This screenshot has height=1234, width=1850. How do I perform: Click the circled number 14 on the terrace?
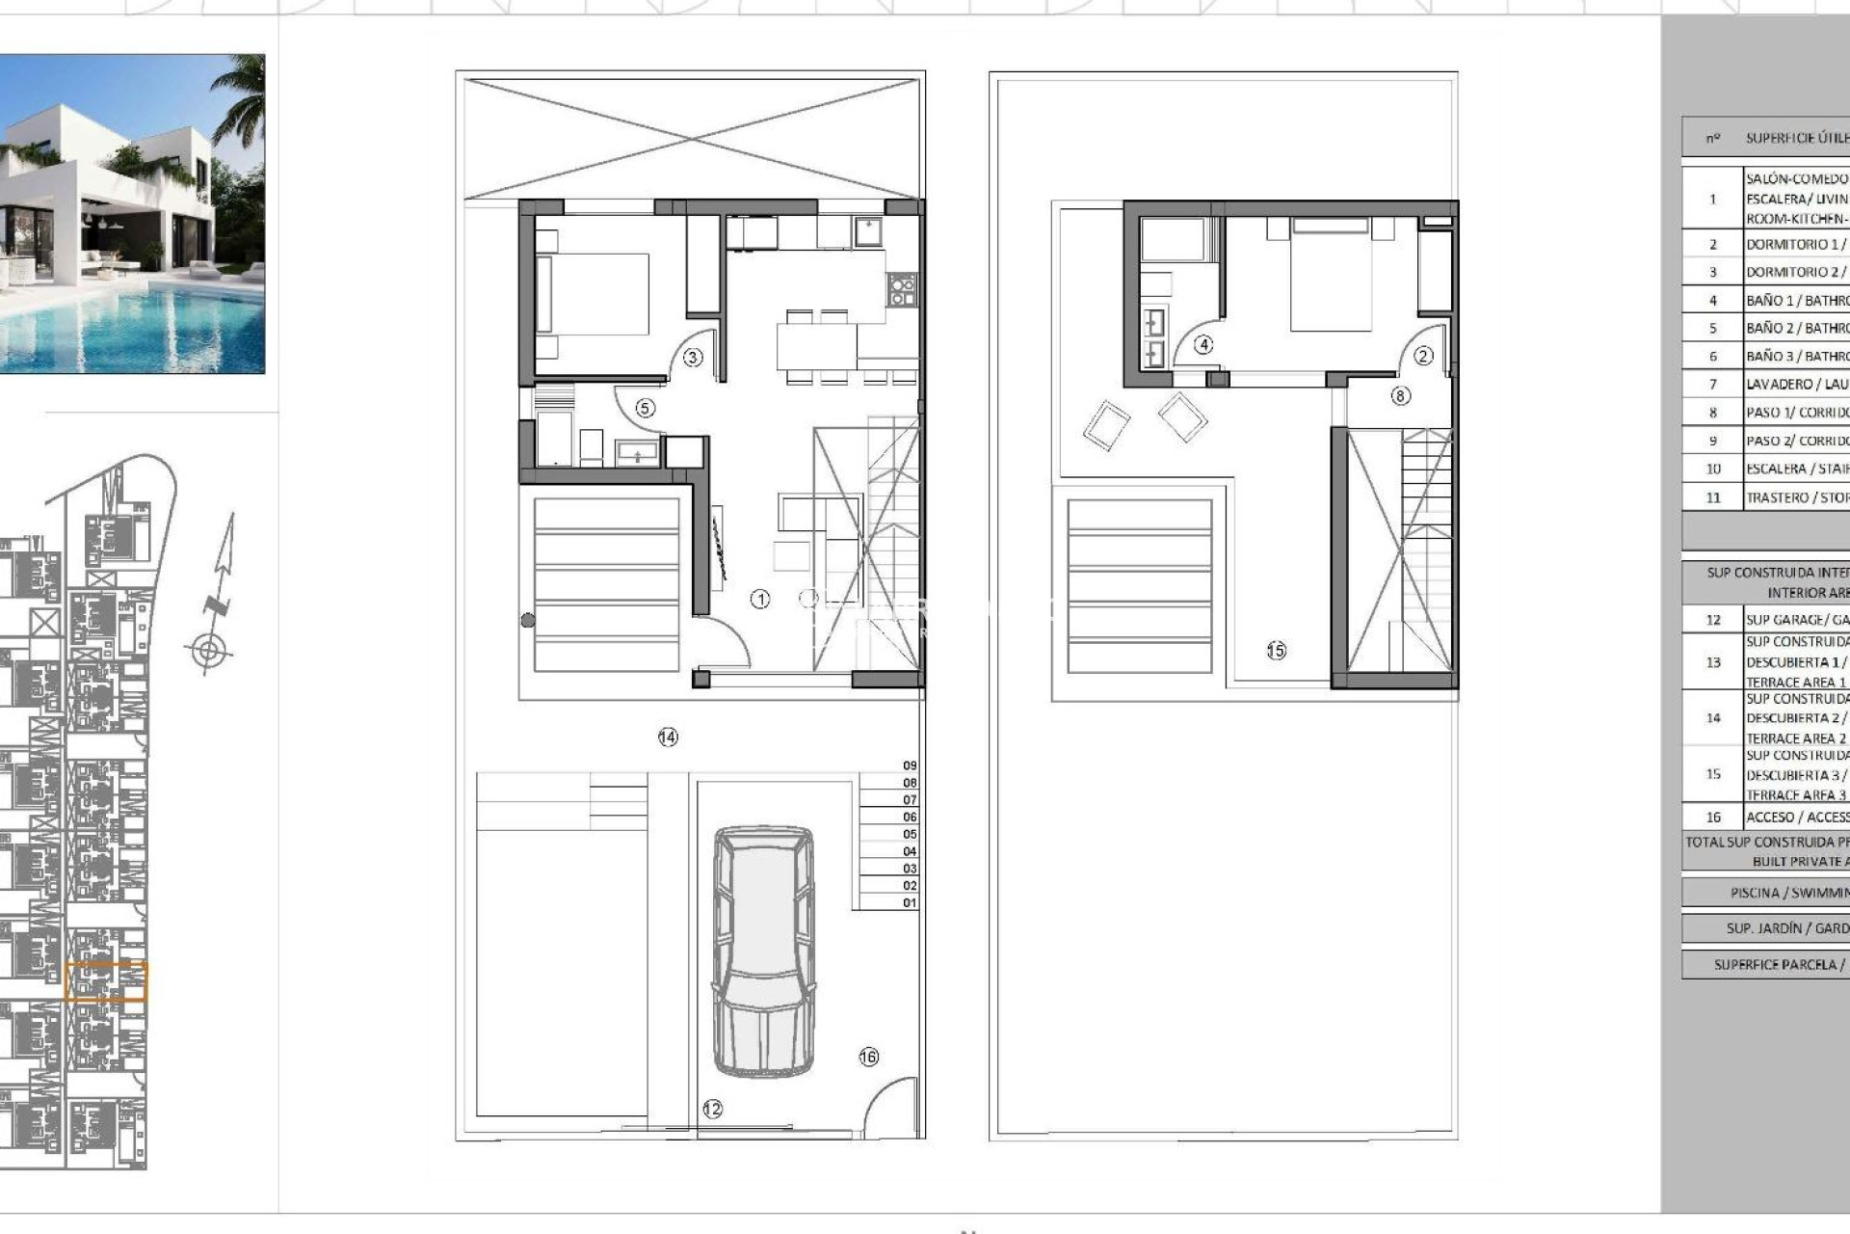pyautogui.click(x=668, y=738)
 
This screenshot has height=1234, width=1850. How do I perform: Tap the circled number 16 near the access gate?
pyautogui.click(x=868, y=1057)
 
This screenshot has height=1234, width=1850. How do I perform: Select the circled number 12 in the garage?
pyautogui.click(x=712, y=1109)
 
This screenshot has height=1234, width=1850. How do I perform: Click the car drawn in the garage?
pyautogui.click(x=763, y=951)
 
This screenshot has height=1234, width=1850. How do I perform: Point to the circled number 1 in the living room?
pyautogui.click(x=760, y=600)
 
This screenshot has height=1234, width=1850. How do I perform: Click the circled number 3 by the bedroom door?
pyautogui.click(x=693, y=358)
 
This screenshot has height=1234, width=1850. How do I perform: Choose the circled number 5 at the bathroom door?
pyautogui.click(x=646, y=409)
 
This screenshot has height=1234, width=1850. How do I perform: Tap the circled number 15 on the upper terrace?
pyautogui.click(x=1276, y=651)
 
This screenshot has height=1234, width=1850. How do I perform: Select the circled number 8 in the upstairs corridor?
pyautogui.click(x=1400, y=395)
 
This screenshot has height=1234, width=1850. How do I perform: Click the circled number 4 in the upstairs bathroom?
pyautogui.click(x=1203, y=344)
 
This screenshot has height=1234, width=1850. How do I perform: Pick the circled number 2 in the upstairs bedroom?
pyautogui.click(x=1423, y=356)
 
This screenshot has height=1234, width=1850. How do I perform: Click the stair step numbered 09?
pyautogui.click(x=910, y=765)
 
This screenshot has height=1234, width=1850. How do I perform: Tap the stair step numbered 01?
pyautogui.click(x=910, y=903)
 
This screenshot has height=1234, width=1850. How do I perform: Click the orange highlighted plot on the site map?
pyautogui.click(x=106, y=981)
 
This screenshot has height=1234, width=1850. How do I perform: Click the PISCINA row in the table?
pyautogui.click(x=1788, y=893)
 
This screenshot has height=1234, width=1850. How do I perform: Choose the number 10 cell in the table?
pyautogui.click(x=1712, y=469)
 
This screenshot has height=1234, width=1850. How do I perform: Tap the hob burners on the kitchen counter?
pyautogui.click(x=901, y=289)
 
